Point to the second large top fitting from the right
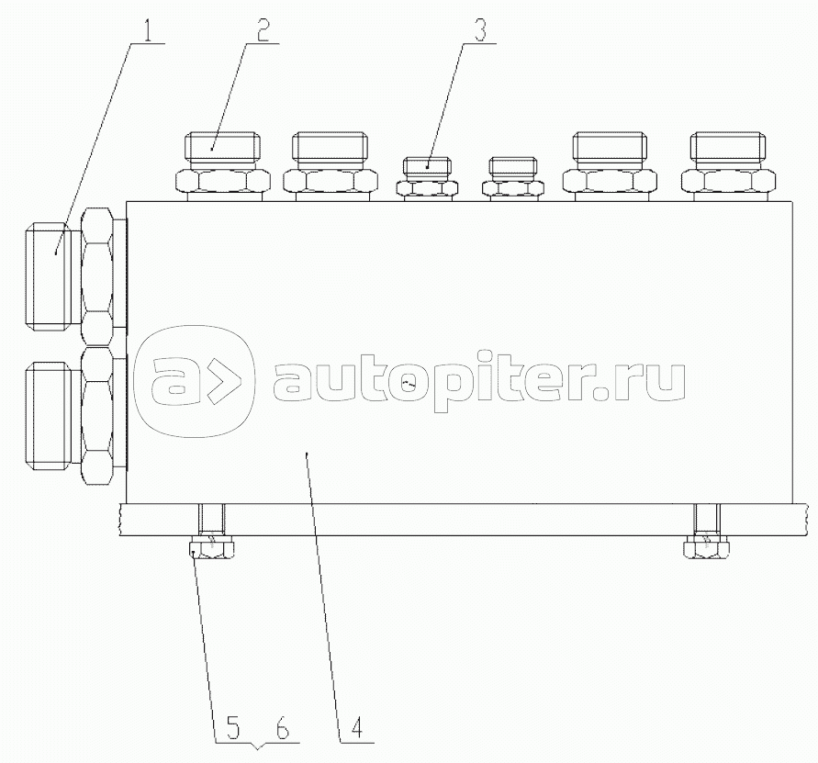click(x=613, y=165)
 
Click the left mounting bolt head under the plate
click(x=211, y=549)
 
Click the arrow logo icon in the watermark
click(x=192, y=380)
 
